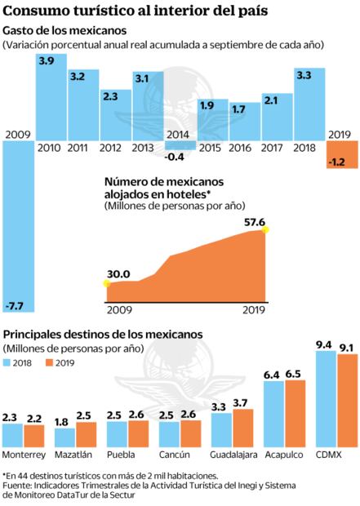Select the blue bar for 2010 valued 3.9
click(x=50, y=97)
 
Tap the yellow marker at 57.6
click(x=264, y=230)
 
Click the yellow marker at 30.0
click(x=106, y=283)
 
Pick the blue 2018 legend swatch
click(x=9, y=362)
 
